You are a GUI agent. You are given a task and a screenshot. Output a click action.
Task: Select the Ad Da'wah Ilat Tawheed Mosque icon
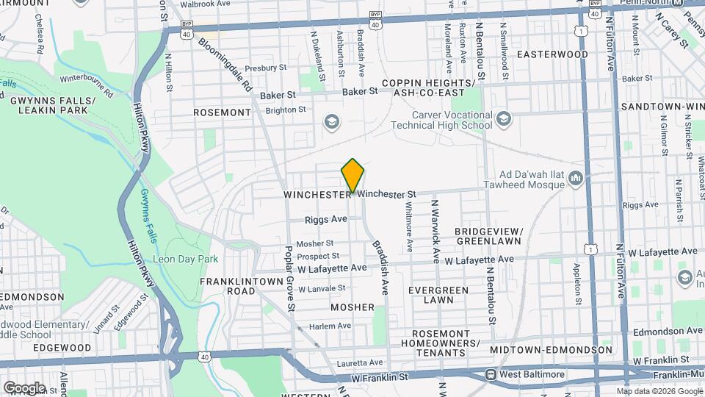pos(576,178)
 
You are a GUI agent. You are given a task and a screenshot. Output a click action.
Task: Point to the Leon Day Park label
pos(185,260)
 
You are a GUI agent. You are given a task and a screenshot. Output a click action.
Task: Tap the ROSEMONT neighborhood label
pos(222,112)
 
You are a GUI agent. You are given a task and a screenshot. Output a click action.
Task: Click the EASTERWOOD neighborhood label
pos(552,54)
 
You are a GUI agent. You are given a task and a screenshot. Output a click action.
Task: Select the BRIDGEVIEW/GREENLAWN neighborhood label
pos(488,235)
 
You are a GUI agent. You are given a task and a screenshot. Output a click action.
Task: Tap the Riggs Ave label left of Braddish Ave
pos(326,219)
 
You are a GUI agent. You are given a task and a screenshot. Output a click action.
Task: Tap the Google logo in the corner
pos(24,387)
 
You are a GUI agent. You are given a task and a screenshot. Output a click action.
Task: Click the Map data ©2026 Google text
pos(658,391)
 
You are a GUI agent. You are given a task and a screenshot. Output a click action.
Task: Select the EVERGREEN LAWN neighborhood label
pos(438,295)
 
